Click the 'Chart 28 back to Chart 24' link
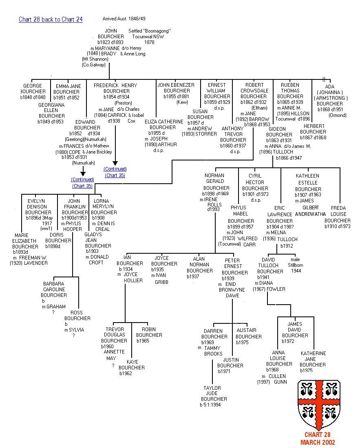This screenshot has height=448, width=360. pyautogui.click(x=51, y=20)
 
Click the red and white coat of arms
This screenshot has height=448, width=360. pyautogui.click(x=319, y=403)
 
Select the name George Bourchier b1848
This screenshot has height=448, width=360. pyautogui.click(x=33, y=92)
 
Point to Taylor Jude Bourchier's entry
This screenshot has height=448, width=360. pyautogui.click(x=212, y=396)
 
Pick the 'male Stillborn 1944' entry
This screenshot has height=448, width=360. pyautogui.click(x=295, y=265)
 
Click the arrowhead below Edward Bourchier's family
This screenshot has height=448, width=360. pyautogui.click(x=83, y=173)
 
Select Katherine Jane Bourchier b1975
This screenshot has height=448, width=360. pyautogui.click(x=313, y=362)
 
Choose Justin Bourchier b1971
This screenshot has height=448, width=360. pyautogui.click(x=231, y=366)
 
